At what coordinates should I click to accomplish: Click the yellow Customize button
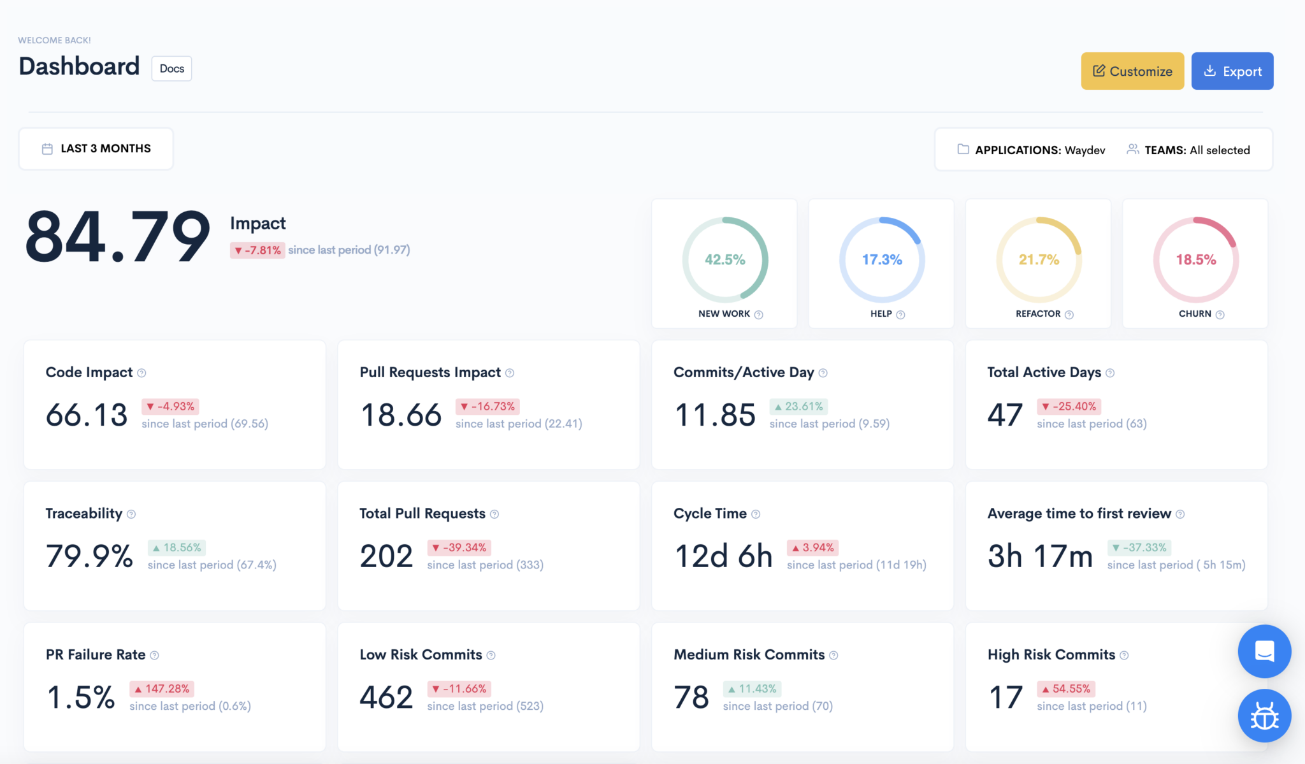click(1132, 71)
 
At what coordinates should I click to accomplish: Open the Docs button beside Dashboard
click(171, 69)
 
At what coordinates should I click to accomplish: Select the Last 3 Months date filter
click(96, 148)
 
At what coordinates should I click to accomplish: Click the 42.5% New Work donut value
click(725, 259)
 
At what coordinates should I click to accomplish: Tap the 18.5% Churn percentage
click(1195, 259)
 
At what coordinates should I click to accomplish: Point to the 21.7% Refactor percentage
click(1039, 259)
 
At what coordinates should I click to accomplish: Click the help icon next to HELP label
click(900, 314)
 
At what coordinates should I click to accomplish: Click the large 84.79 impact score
click(118, 237)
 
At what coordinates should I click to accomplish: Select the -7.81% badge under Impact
click(257, 250)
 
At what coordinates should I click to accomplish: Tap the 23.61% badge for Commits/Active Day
click(798, 407)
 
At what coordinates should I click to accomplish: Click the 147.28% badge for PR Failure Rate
click(162, 689)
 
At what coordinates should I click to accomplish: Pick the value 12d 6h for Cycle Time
click(723, 556)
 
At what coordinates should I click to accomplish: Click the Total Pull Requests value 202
click(386, 556)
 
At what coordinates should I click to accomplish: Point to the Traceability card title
click(83, 514)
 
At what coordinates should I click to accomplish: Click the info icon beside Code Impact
click(142, 373)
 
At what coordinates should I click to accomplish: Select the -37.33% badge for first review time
click(1139, 547)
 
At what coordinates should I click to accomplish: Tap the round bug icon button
click(1264, 716)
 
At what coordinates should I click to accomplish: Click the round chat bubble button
click(1264, 651)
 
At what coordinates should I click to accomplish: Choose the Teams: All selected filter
click(1189, 150)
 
